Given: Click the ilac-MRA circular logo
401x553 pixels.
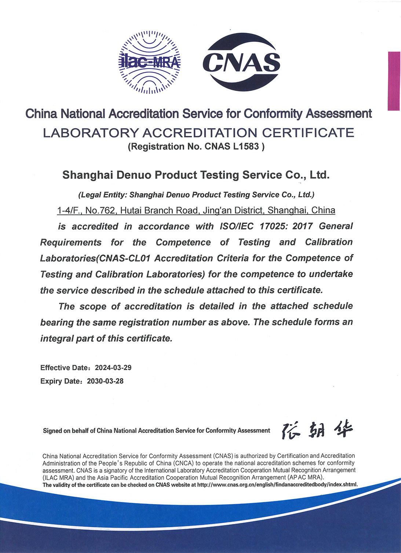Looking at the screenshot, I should [150, 62].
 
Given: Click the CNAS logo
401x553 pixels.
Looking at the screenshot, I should [241, 62].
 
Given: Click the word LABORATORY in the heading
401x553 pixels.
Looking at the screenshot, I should [90, 133].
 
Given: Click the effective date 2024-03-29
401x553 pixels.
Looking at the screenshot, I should [113, 368].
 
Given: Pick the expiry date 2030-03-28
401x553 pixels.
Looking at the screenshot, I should [105, 381].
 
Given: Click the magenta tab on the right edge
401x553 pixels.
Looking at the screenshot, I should [394, 81].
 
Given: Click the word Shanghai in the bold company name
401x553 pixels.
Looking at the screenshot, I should [87, 175].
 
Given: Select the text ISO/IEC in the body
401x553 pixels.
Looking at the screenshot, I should [237, 226].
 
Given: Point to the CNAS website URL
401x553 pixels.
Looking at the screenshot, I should [277, 485].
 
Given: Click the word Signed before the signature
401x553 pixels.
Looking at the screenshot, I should [52, 431].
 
